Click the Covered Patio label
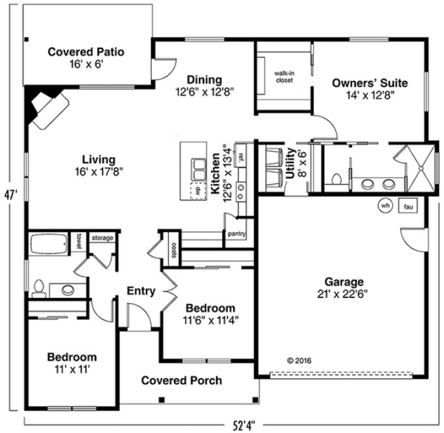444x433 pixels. coord(87,52)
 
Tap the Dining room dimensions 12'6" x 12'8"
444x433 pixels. coord(205,92)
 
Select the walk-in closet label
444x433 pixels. coord(283,76)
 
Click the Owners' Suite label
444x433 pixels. coord(369,83)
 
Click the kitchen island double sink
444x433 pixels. coord(197,169)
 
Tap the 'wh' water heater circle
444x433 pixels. coord(385,205)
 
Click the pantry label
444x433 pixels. coord(235,233)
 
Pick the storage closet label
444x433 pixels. coord(102,238)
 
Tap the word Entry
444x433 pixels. coord(141,291)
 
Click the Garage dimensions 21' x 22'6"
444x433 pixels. coord(344,294)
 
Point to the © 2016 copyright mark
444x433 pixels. coord(299,359)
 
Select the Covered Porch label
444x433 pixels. coord(181,380)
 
